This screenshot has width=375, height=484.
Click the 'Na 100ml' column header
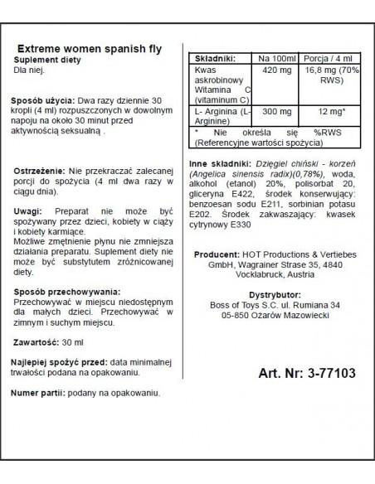(275, 60)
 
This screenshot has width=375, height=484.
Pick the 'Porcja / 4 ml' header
(329, 60)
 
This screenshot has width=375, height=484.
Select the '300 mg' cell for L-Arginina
(275, 113)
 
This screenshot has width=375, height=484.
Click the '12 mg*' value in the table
(329, 113)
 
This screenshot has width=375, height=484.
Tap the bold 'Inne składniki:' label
(219, 164)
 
